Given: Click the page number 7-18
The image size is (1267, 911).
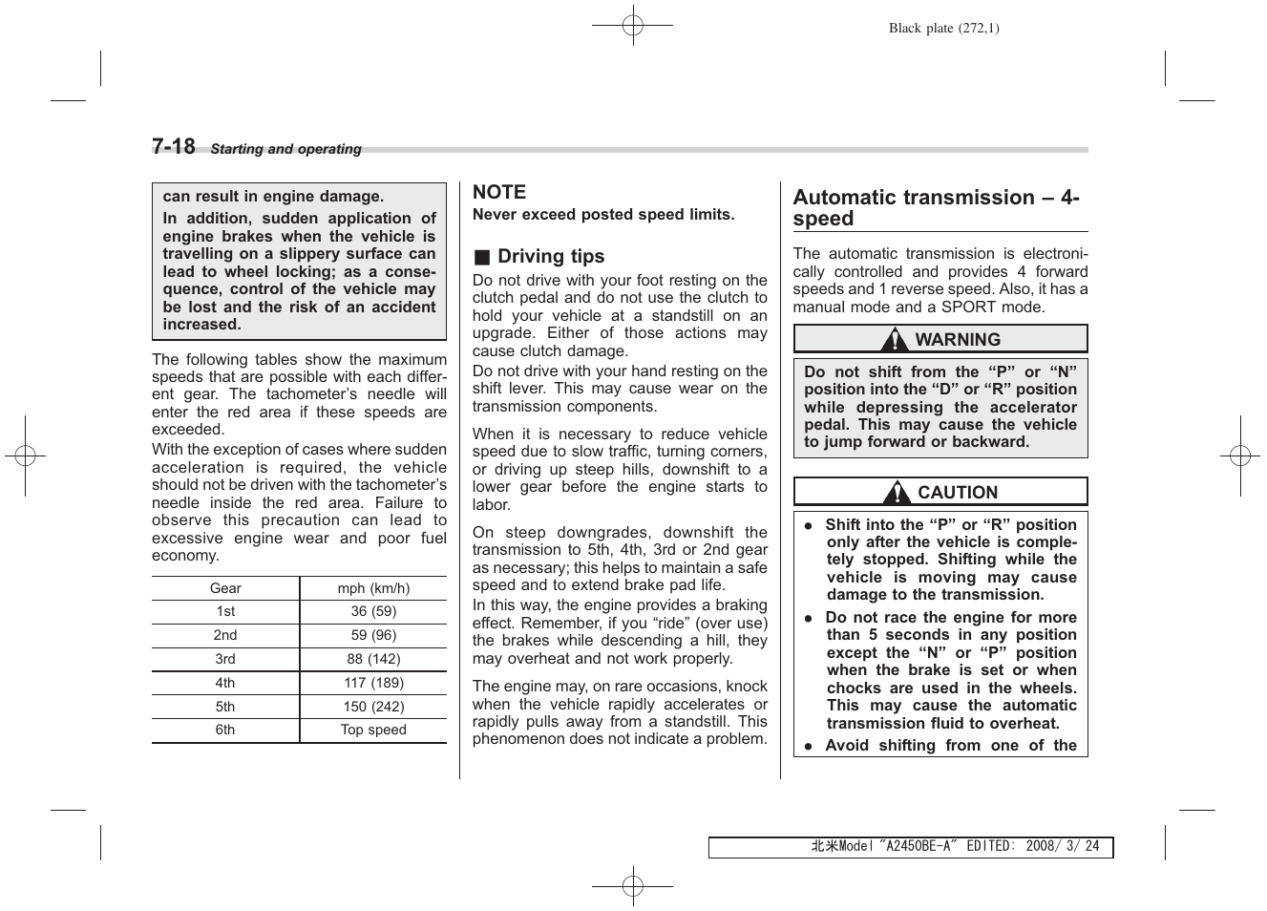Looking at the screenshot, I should point(174,146).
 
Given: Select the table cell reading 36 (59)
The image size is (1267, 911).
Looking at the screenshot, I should point(373,611).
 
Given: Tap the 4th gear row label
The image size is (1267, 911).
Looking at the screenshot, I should point(225,683).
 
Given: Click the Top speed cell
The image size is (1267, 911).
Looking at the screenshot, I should point(373,730).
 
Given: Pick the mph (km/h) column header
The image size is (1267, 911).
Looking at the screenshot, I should point(373,588).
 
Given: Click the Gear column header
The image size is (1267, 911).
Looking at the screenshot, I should point(225,588).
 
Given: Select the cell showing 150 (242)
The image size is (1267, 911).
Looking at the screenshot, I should point(373,707).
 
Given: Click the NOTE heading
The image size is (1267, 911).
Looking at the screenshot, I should point(499,192).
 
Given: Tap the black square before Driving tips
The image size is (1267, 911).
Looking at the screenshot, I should point(482,257).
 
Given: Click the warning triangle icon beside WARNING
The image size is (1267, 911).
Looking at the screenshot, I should point(895,340).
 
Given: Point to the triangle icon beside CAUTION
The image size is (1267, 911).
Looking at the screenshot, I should point(896,493).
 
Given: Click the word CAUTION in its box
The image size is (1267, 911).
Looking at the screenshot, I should point(957,493).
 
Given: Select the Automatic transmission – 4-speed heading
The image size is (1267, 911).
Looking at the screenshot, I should point(936,207).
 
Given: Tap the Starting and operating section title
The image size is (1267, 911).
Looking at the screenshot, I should point(285,149).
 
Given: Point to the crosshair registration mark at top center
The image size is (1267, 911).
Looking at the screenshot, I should point(632,26).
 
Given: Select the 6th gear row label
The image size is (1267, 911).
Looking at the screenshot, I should point(225,730).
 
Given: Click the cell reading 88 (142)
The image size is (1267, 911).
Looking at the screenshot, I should point(373,659).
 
